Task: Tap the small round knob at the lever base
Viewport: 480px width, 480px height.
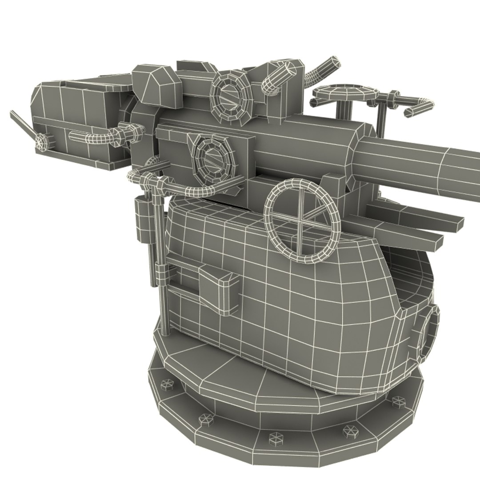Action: [42, 143]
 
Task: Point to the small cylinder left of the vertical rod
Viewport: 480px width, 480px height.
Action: [141, 220]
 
